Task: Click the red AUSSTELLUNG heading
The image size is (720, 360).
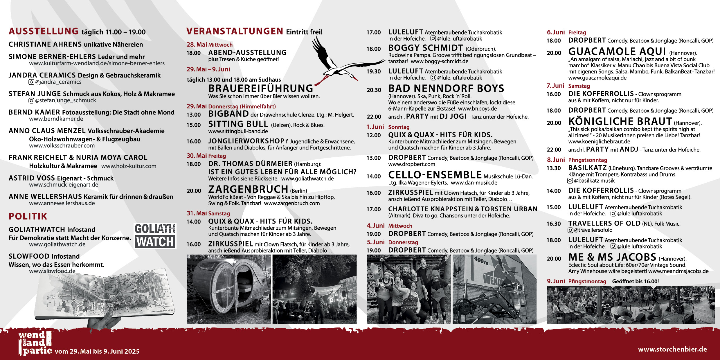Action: (44, 31)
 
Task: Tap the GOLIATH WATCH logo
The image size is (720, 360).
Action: (155, 236)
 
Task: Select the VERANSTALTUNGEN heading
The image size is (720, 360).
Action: (235, 31)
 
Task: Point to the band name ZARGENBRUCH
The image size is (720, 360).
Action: (248, 189)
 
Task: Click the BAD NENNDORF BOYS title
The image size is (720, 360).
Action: (446, 88)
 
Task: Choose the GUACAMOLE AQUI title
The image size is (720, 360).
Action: (617, 51)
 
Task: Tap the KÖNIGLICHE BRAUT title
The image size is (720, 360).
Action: (620, 121)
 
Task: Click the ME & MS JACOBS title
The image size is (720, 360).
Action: (612, 257)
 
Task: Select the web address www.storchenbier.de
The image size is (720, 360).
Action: (672, 349)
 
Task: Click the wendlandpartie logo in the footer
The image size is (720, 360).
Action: (35, 343)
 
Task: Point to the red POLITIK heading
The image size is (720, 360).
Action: (28, 216)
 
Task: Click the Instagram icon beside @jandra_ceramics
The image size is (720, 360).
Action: (31, 82)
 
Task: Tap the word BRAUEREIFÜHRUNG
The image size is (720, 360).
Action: (261, 88)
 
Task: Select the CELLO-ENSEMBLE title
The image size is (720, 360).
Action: (435, 175)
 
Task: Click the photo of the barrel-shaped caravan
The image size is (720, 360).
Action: (228, 289)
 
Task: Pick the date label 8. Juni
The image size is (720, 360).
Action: (556, 160)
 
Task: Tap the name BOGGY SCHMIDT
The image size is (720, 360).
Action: (426, 48)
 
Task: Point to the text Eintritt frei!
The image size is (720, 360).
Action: (304, 32)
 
